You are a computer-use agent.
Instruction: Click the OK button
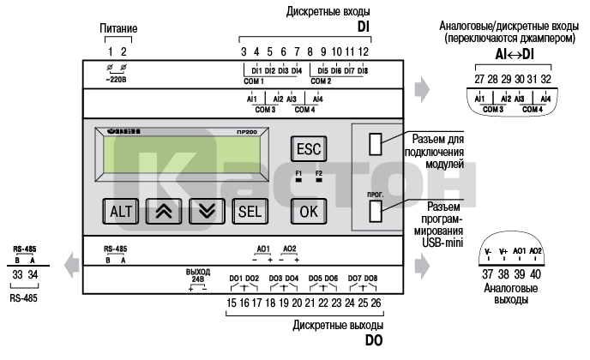[307, 209]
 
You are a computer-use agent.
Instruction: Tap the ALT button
[119, 210]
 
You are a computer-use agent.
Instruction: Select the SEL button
[249, 210]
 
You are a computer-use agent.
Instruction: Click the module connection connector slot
[374, 144]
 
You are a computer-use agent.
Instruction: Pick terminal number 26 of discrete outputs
[376, 303]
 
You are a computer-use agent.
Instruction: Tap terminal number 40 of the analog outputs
[536, 273]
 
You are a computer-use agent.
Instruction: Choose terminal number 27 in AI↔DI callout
[479, 79]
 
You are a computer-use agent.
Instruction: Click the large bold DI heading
[364, 27]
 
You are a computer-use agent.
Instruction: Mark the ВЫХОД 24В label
[198, 276]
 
